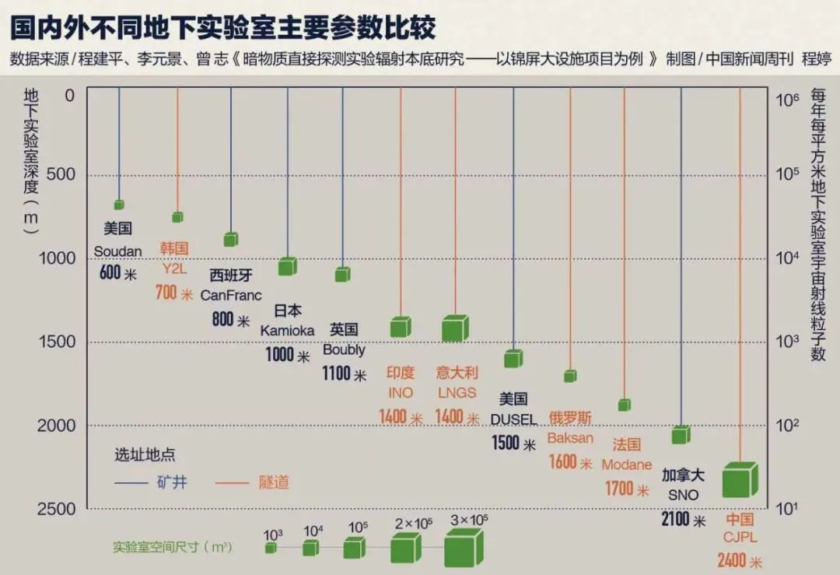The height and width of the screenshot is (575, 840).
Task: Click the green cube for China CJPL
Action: [x=739, y=480]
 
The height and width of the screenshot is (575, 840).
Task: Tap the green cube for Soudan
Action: [x=119, y=205]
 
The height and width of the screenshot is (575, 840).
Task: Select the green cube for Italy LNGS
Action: [x=455, y=328]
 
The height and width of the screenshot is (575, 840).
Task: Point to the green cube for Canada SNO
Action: [x=681, y=435]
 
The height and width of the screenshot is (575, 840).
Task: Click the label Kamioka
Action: [x=287, y=330]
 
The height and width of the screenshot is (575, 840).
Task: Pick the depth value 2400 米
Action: [x=740, y=560]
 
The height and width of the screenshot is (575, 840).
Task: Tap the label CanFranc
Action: [x=231, y=296]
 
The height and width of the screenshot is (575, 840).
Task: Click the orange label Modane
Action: [x=626, y=465]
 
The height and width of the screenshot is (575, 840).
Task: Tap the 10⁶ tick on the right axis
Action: [x=789, y=99]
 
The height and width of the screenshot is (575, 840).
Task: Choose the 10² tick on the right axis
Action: [x=789, y=426]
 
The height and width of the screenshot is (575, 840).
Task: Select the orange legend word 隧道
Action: [x=274, y=482]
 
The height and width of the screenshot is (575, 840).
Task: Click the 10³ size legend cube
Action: [x=271, y=548]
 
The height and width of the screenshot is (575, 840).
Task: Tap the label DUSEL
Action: [x=513, y=419]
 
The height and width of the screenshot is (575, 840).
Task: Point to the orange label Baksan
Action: [x=570, y=438]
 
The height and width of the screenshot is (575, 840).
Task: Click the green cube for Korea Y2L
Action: [x=177, y=217]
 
